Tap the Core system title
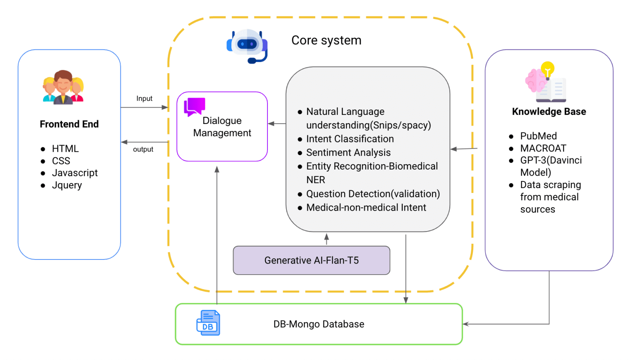tap(326, 40)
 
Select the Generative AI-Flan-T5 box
tap(311, 260)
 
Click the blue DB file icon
tap(208, 323)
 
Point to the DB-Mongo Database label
tap(319, 324)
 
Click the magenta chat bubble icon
tap(194, 106)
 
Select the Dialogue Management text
tap(222, 127)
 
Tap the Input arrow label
tap(144, 99)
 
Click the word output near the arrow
tap(143, 149)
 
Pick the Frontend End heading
tap(69, 124)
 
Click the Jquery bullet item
tap(67, 185)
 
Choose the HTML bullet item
tap(65, 149)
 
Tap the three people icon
tap(63, 87)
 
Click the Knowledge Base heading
tap(549, 112)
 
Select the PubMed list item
tap(538, 136)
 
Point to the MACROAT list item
tap(543, 148)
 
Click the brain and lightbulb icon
tap(546, 82)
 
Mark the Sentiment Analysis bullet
tap(348, 153)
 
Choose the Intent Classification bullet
tap(350, 139)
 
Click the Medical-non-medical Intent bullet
tap(366, 208)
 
